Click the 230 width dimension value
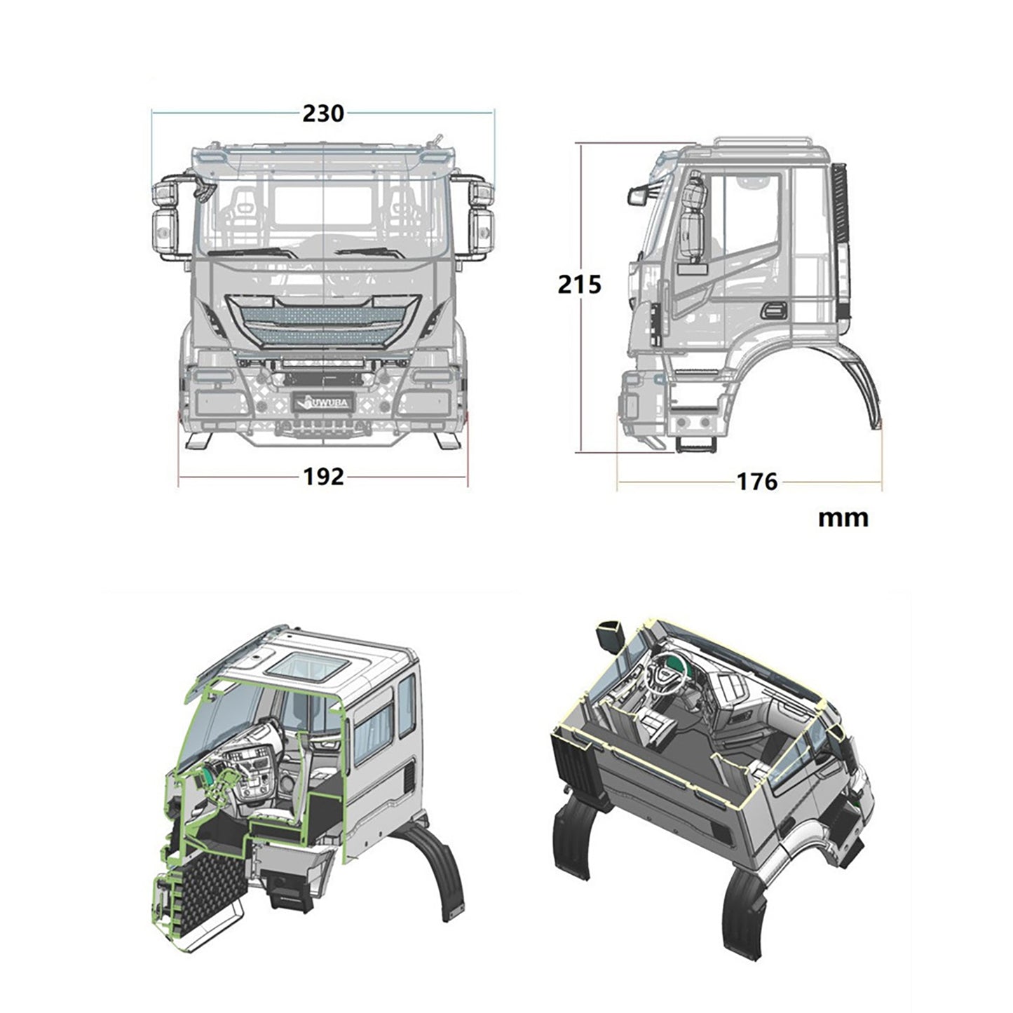point(323,113)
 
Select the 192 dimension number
point(323,477)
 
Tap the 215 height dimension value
point(579,285)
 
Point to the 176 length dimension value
point(756,482)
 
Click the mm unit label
point(843,518)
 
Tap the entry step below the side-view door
point(694,444)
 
